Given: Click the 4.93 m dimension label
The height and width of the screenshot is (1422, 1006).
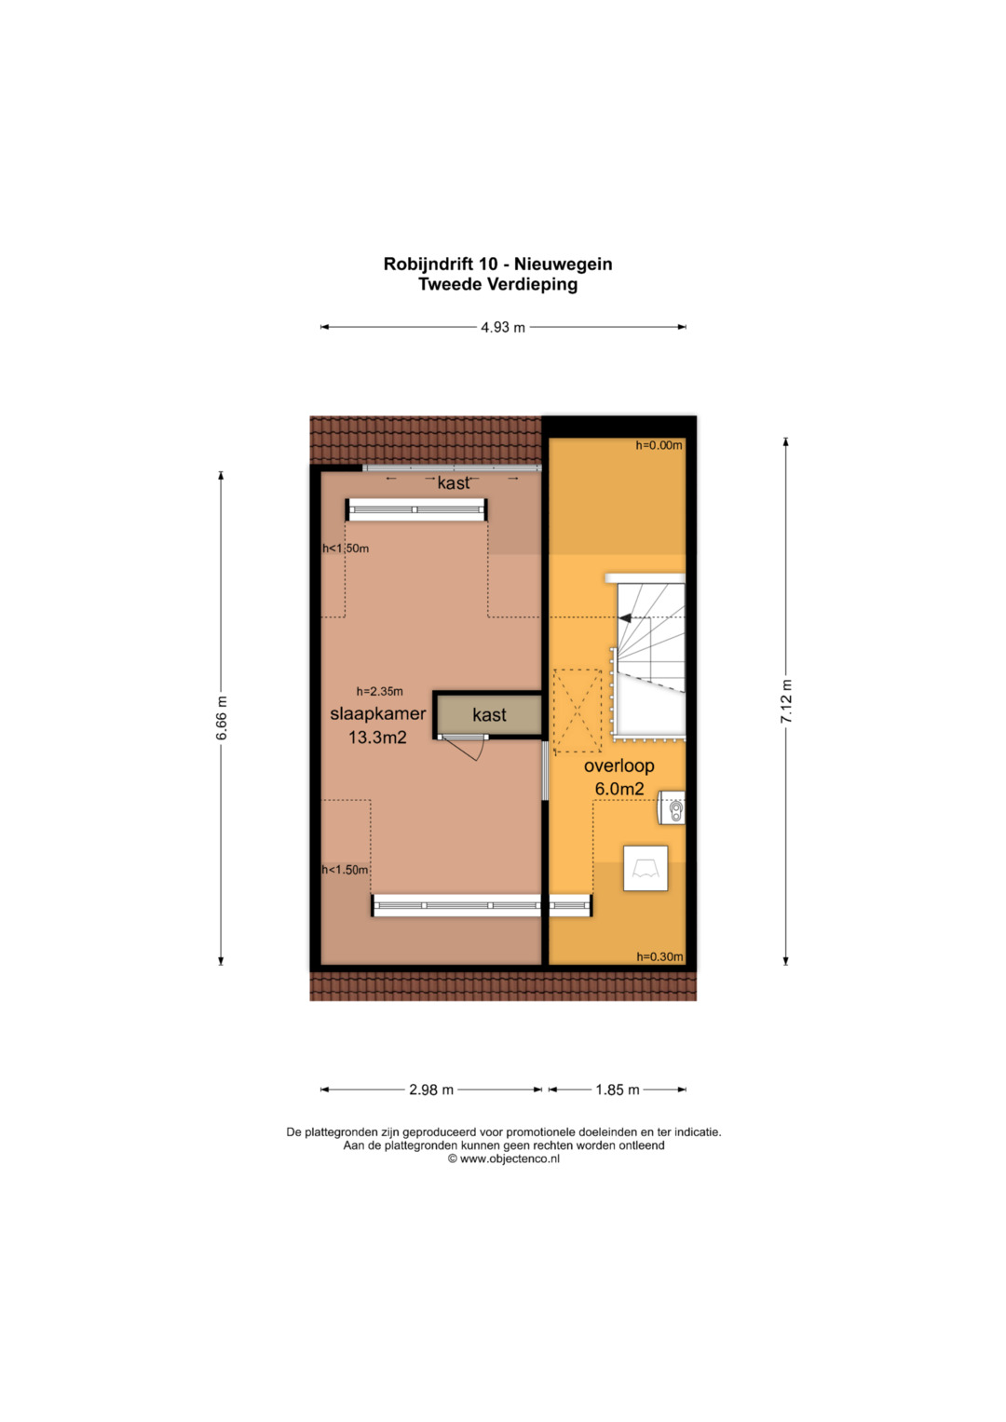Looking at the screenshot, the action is (x=503, y=328).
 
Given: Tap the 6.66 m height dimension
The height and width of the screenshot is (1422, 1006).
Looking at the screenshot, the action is (x=221, y=717).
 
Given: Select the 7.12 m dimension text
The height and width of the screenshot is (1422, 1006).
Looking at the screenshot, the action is (x=786, y=701).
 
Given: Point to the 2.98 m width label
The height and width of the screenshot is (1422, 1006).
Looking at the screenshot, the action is (x=431, y=1090).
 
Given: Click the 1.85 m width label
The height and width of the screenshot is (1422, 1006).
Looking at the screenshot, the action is (x=618, y=1090).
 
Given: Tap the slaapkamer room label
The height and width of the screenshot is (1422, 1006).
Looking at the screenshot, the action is (x=378, y=713).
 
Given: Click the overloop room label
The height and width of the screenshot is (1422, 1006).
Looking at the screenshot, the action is (x=619, y=765).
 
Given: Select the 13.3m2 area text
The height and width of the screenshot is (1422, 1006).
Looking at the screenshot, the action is (x=377, y=738).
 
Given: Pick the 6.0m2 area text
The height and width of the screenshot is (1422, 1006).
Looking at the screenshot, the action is (x=619, y=789).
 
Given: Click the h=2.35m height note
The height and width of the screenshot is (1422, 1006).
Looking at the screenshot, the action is (x=380, y=691).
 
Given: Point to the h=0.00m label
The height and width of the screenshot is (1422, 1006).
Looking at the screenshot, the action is (x=659, y=446).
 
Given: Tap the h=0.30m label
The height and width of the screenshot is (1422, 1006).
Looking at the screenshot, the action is (x=660, y=956).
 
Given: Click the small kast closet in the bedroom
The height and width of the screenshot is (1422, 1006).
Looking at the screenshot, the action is (x=488, y=715).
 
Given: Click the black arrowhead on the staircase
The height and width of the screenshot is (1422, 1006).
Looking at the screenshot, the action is (x=626, y=617).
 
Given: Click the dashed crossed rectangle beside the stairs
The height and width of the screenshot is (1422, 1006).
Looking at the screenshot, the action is (x=578, y=711).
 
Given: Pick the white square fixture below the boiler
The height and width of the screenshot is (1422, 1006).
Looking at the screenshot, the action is (x=646, y=868).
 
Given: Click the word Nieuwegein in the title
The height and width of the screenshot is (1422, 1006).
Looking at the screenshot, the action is (x=564, y=264).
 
